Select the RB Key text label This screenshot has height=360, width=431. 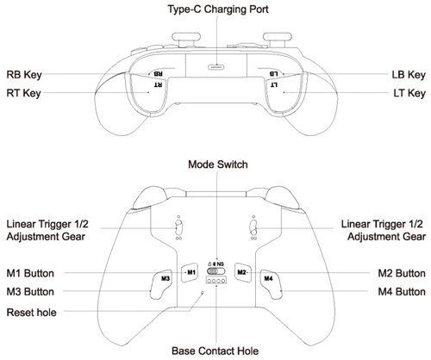pyautogui.click(x=23, y=75)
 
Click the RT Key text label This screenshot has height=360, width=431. pyautogui.click(x=23, y=92)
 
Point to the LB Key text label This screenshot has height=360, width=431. pyautogui.click(x=404, y=75)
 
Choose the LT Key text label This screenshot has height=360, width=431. pyautogui.click(x=404, y=92)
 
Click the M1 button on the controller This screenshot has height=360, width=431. pyautogui.click(x=191, y=272)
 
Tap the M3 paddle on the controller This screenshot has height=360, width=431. pyautogui.click(x=165, y=279)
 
